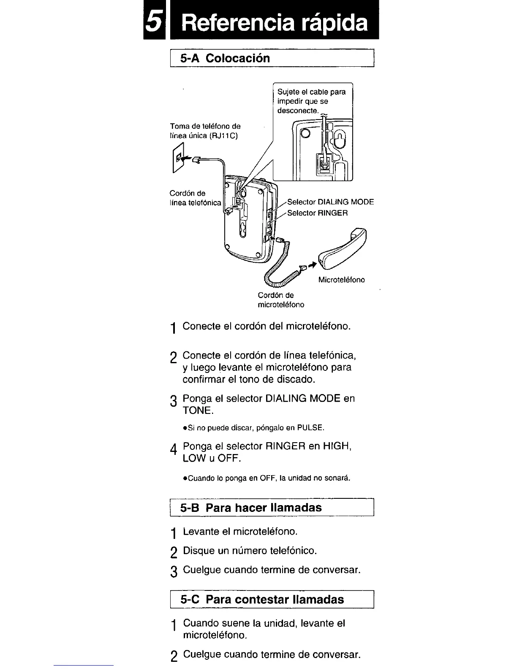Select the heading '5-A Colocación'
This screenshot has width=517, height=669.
point(225,58)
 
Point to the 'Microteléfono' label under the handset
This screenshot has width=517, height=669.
point(341,280)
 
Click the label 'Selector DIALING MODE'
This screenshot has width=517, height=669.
point(330,202)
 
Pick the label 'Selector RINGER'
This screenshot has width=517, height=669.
point(317,213)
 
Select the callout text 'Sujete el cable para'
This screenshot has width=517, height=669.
point(311,92)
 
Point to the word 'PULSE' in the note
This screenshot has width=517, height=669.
point(310,428)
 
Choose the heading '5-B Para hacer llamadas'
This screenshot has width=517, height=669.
point(251,508)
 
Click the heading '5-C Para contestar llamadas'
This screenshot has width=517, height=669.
point(262,600)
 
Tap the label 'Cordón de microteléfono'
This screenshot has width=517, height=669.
point(281,300)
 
